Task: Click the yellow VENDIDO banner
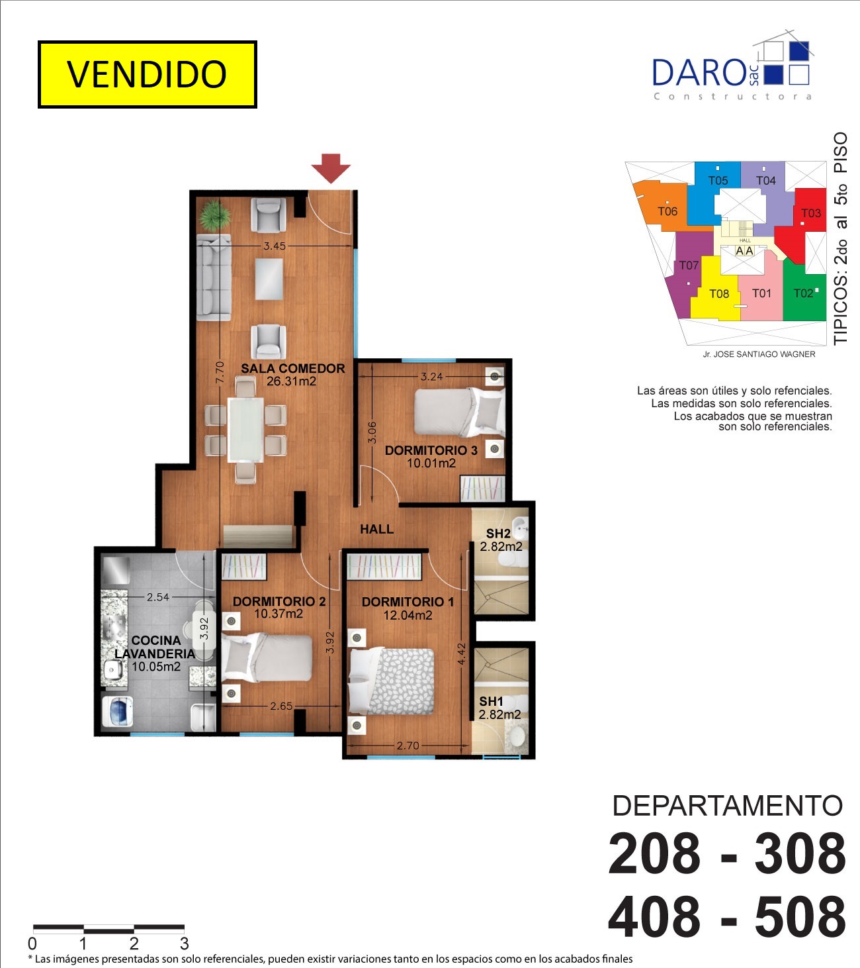coord(147,75)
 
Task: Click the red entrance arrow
coord(331,168)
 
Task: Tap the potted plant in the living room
coord(216,215)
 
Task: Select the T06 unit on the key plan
coord(667,211)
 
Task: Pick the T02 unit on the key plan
coord(804,293)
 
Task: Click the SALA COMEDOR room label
coord(292,368)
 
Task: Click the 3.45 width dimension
coord(275,246)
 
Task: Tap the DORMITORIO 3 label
coord(431,450)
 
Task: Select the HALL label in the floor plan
coord(377,529)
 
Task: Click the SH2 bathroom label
coord(498,533)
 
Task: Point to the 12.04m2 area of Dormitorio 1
coord(408,615)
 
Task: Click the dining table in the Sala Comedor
coord(245,430)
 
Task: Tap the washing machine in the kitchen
coord(118,711)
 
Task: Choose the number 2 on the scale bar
coord(134,944)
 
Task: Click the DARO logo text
coord(699,73)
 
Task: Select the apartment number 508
coord(800,917)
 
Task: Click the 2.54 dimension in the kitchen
coord(158,597)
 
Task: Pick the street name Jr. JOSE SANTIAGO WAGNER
coord(759,354)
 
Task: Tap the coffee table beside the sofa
coord(269,279)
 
